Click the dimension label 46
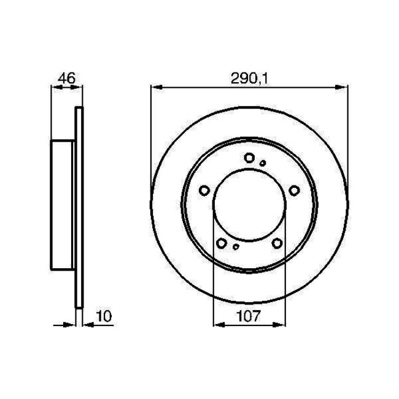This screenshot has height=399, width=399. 66,78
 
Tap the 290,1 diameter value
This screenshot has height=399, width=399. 245,78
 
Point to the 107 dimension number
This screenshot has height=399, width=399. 249,317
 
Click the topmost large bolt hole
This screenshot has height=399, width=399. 249,158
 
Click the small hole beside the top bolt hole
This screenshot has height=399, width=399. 263,163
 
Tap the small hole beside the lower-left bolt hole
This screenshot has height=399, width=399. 236,248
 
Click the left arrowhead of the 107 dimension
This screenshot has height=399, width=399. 216,325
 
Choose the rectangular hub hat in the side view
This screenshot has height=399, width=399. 63,206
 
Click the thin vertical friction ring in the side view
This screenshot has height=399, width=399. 78,206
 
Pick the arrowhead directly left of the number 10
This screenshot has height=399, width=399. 85,325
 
